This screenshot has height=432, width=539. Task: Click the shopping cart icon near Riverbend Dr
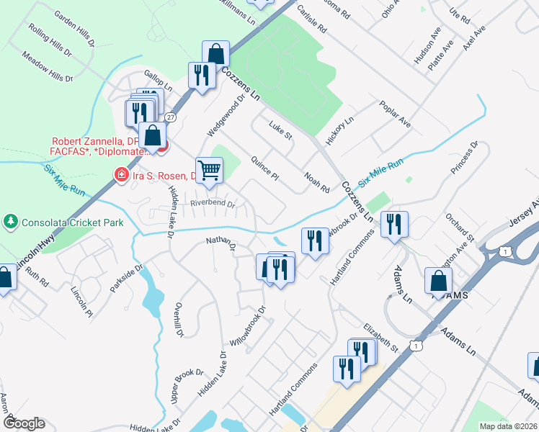[209, 171]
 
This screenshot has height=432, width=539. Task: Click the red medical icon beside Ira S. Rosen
[122, 175]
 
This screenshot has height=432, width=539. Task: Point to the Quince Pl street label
[265, 168]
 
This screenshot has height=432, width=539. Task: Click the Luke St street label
[280, 130]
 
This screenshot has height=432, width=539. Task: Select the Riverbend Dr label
[213, 204]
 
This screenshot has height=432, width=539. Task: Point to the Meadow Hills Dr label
[48, 66]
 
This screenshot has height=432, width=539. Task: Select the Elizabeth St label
[381, 337]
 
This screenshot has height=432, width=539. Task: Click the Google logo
[24, 423]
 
